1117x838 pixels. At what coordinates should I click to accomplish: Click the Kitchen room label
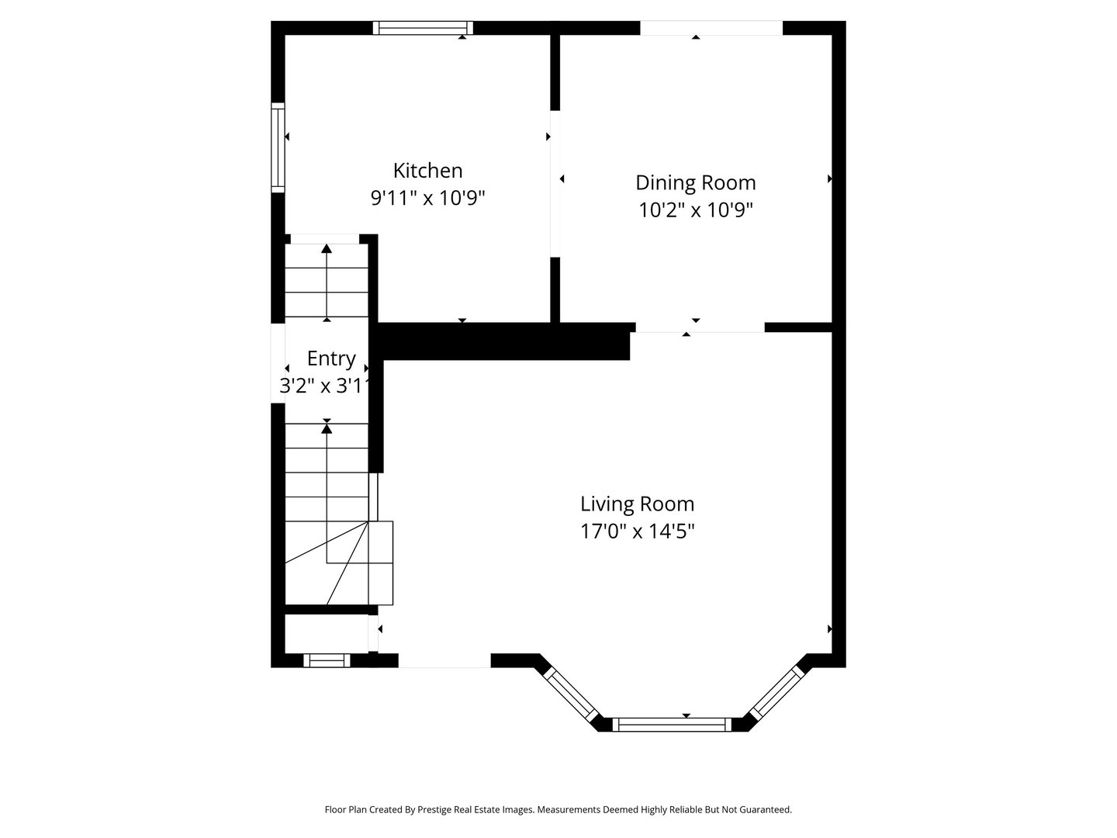(427, 170)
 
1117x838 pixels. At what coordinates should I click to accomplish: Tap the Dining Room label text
(695, 182)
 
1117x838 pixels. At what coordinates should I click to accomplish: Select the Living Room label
(637, 504)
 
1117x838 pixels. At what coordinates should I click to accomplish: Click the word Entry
(331, 358)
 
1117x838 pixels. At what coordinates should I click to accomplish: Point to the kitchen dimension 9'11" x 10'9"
(427, 198)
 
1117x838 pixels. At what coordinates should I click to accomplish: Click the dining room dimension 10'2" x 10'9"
(695, 210)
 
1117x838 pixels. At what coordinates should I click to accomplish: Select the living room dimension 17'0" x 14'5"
(637, 532)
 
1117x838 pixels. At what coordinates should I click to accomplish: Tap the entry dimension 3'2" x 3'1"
(322, 386)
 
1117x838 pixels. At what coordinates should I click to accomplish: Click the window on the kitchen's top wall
(423, 28)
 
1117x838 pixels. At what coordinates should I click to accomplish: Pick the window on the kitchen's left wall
(278, 147)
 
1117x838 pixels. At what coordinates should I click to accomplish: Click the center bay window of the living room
(672, 725)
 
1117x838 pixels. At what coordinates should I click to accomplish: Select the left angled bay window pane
(570, 694)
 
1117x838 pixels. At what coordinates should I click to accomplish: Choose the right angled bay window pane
(776, 693)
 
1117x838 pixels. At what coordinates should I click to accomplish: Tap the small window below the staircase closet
(327, 660)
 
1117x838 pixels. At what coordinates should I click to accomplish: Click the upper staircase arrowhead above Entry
(327, 249)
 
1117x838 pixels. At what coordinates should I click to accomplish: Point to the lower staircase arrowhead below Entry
(327, 428)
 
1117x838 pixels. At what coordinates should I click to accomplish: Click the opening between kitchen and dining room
(555, 183)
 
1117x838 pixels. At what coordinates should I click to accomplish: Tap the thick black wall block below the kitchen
(504, 341)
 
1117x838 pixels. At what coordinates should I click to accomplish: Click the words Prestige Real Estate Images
(476, 809)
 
